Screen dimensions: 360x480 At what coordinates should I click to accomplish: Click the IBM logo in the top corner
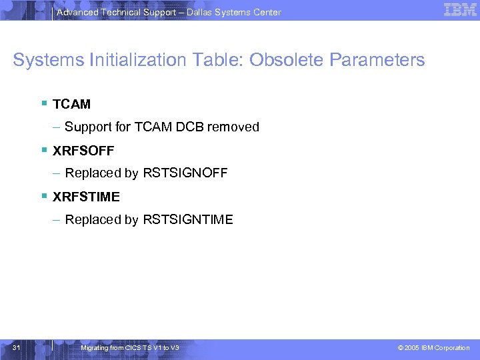[460, 10]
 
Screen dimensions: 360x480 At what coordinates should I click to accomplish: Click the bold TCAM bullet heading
[71, 105]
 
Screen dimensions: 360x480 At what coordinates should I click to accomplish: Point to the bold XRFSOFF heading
[83, 151]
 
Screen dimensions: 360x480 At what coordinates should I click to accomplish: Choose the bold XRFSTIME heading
[86, 197]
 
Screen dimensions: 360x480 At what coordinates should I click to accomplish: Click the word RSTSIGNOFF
[185, 173]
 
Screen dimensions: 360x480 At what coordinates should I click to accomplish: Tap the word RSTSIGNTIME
[188, 220]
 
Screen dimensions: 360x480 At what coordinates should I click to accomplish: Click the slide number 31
[17, 348]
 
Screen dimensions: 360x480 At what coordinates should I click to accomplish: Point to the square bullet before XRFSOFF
[43, 151]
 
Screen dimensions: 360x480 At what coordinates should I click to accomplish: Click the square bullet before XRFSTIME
[43, 197]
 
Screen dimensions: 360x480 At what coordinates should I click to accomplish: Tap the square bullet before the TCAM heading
[43, 104]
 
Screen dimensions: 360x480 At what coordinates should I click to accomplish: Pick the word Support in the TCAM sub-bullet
[87, 127]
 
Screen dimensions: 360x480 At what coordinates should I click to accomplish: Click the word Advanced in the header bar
[76, 12]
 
